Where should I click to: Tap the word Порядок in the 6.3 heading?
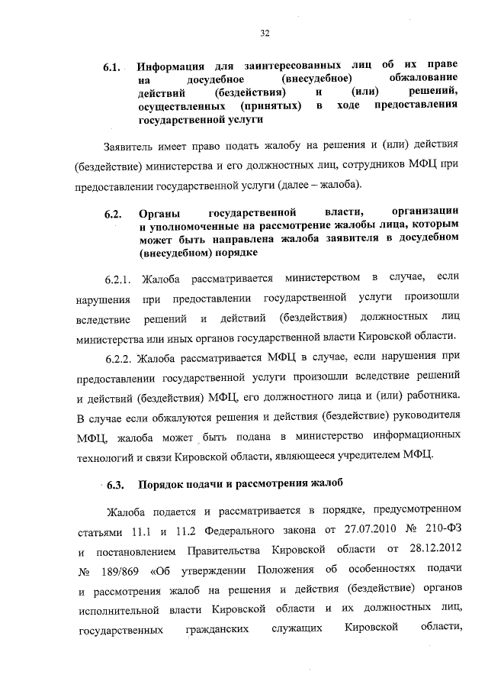tap(164, 484)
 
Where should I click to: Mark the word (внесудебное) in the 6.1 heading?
tap(316, 79)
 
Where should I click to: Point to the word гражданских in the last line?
tap(217, 630)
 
